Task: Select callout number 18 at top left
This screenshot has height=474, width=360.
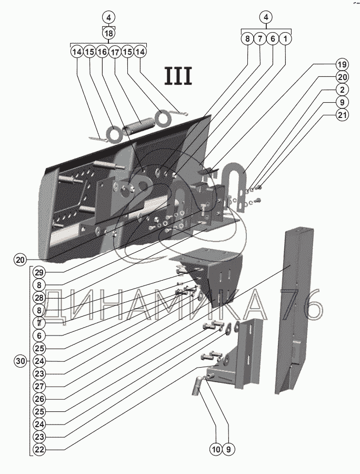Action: click(x=108, y=33)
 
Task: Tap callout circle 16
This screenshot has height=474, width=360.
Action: click(x=102, y=52)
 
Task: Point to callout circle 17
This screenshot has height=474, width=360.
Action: click(x=115, y=52)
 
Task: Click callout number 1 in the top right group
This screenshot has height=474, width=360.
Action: click(x=285, y=38)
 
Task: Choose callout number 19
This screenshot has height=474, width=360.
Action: click(x=342, y=65)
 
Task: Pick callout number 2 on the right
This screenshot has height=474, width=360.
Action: click(x=342, y=90)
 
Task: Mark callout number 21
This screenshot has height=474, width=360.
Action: click(x=342, y=115)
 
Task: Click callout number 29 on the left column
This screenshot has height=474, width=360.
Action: click(x=38, y=272)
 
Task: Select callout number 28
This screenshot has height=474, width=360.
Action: click(x=38, y=298)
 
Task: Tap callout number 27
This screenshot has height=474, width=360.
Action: click(x=38, y=386)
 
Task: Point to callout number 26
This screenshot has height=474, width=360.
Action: click(x=38, y=399)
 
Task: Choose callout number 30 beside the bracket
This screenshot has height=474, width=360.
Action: click(x=21, y=361)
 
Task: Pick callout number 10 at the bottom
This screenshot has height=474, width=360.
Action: click(x=216, y=450)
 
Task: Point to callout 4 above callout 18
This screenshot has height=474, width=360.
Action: click(x=108, y=17)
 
